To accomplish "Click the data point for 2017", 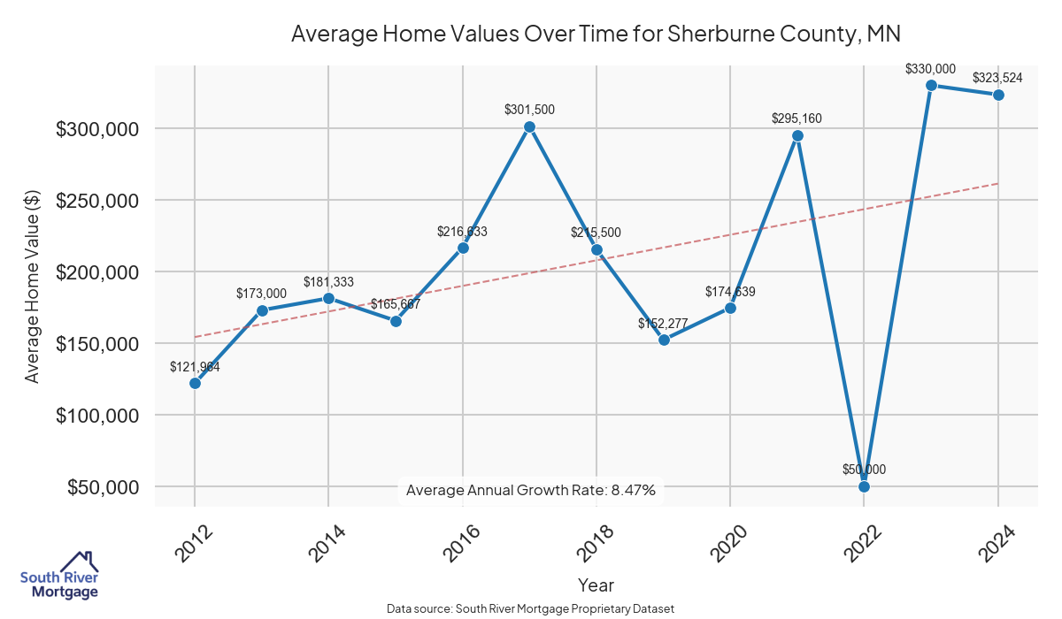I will pos(529,126).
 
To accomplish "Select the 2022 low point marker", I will pos(864,486).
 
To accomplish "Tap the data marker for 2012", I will pos(195,383).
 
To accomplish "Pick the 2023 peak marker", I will pos(931,85).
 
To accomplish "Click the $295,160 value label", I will pos(797,118).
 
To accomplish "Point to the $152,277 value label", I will pos(663,323).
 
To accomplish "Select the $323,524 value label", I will pos(997,78).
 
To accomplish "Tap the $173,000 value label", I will pos(261,293).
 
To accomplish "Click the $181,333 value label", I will pos(328,282).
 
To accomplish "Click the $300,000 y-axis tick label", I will pos(97,129).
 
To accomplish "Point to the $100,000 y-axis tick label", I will pos(97,416).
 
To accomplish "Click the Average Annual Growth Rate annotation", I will pos(530,490).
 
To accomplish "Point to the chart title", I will pos(596,34).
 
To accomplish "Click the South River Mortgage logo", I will pos(59,575).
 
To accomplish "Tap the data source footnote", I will pos(530,609).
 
